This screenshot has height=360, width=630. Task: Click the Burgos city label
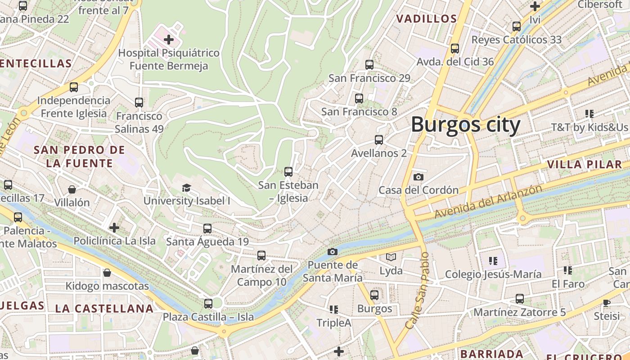pos(465,124)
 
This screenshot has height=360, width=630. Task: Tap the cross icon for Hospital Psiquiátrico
pos(169,40)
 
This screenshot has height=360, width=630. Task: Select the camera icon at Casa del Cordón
pos(418,177)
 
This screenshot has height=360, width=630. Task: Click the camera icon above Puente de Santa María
pos(333,252)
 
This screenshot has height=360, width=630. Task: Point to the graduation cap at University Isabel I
pos(186,188)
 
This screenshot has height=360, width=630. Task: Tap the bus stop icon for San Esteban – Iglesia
pos(288,171)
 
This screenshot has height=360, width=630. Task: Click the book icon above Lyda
pos(391,257)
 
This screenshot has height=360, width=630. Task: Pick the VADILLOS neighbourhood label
pos(426,19)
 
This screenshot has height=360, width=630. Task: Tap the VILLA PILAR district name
pos(585,164)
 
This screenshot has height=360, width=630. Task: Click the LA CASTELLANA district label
pos(104,309)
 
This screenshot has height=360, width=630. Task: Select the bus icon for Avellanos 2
pos(379,139)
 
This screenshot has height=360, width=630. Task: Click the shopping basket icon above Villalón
pos(72,189)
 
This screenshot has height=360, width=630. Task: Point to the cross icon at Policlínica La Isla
pos(114,228)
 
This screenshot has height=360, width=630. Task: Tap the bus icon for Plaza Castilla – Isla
pos(208,303)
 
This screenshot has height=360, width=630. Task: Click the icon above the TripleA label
pos(333,309)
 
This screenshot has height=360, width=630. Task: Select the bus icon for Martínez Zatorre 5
pos(520,298)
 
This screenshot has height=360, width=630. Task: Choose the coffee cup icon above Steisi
pos(606,302)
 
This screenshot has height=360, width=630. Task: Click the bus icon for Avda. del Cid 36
pos(455,48)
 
